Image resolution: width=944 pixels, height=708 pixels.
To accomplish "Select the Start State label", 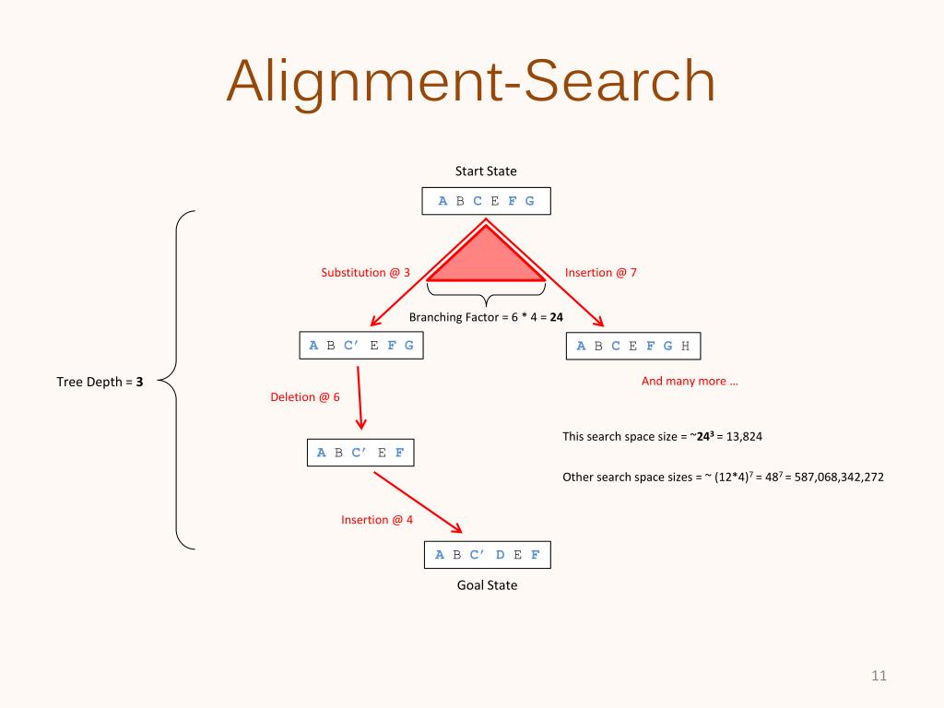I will click(x=486, y=171).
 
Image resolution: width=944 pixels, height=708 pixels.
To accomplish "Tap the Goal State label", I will click(x=487, y=584).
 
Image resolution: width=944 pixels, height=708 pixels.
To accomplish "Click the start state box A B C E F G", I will click(x=486, y=201).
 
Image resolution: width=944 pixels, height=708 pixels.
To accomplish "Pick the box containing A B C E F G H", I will click(x=632, y=346).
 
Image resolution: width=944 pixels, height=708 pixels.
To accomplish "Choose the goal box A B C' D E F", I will click(x=487, y=554).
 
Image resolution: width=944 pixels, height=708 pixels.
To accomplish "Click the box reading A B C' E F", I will click(x=360, y=453).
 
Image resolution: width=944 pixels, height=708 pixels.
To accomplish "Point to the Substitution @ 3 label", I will click(x=365, y=272).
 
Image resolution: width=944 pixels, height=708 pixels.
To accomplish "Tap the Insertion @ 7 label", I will click(x=600, y=272).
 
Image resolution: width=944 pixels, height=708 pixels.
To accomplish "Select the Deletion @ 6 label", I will click(x=304, y=397).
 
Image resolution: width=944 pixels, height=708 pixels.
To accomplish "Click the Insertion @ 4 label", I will click(x=377, y=520).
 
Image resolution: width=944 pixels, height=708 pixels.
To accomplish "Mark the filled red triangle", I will click(x=486, y=261).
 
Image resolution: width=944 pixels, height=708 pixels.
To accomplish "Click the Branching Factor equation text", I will click(x=486, y=317).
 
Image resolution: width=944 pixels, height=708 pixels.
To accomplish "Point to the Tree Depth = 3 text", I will click(x=100, y=380).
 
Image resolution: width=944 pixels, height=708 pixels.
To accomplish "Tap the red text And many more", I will click(x=690, y=381).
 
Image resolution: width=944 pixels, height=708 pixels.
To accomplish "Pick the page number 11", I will click(x=879, y=676).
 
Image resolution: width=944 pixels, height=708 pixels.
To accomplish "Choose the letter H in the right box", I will click(x=685, y=346).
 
